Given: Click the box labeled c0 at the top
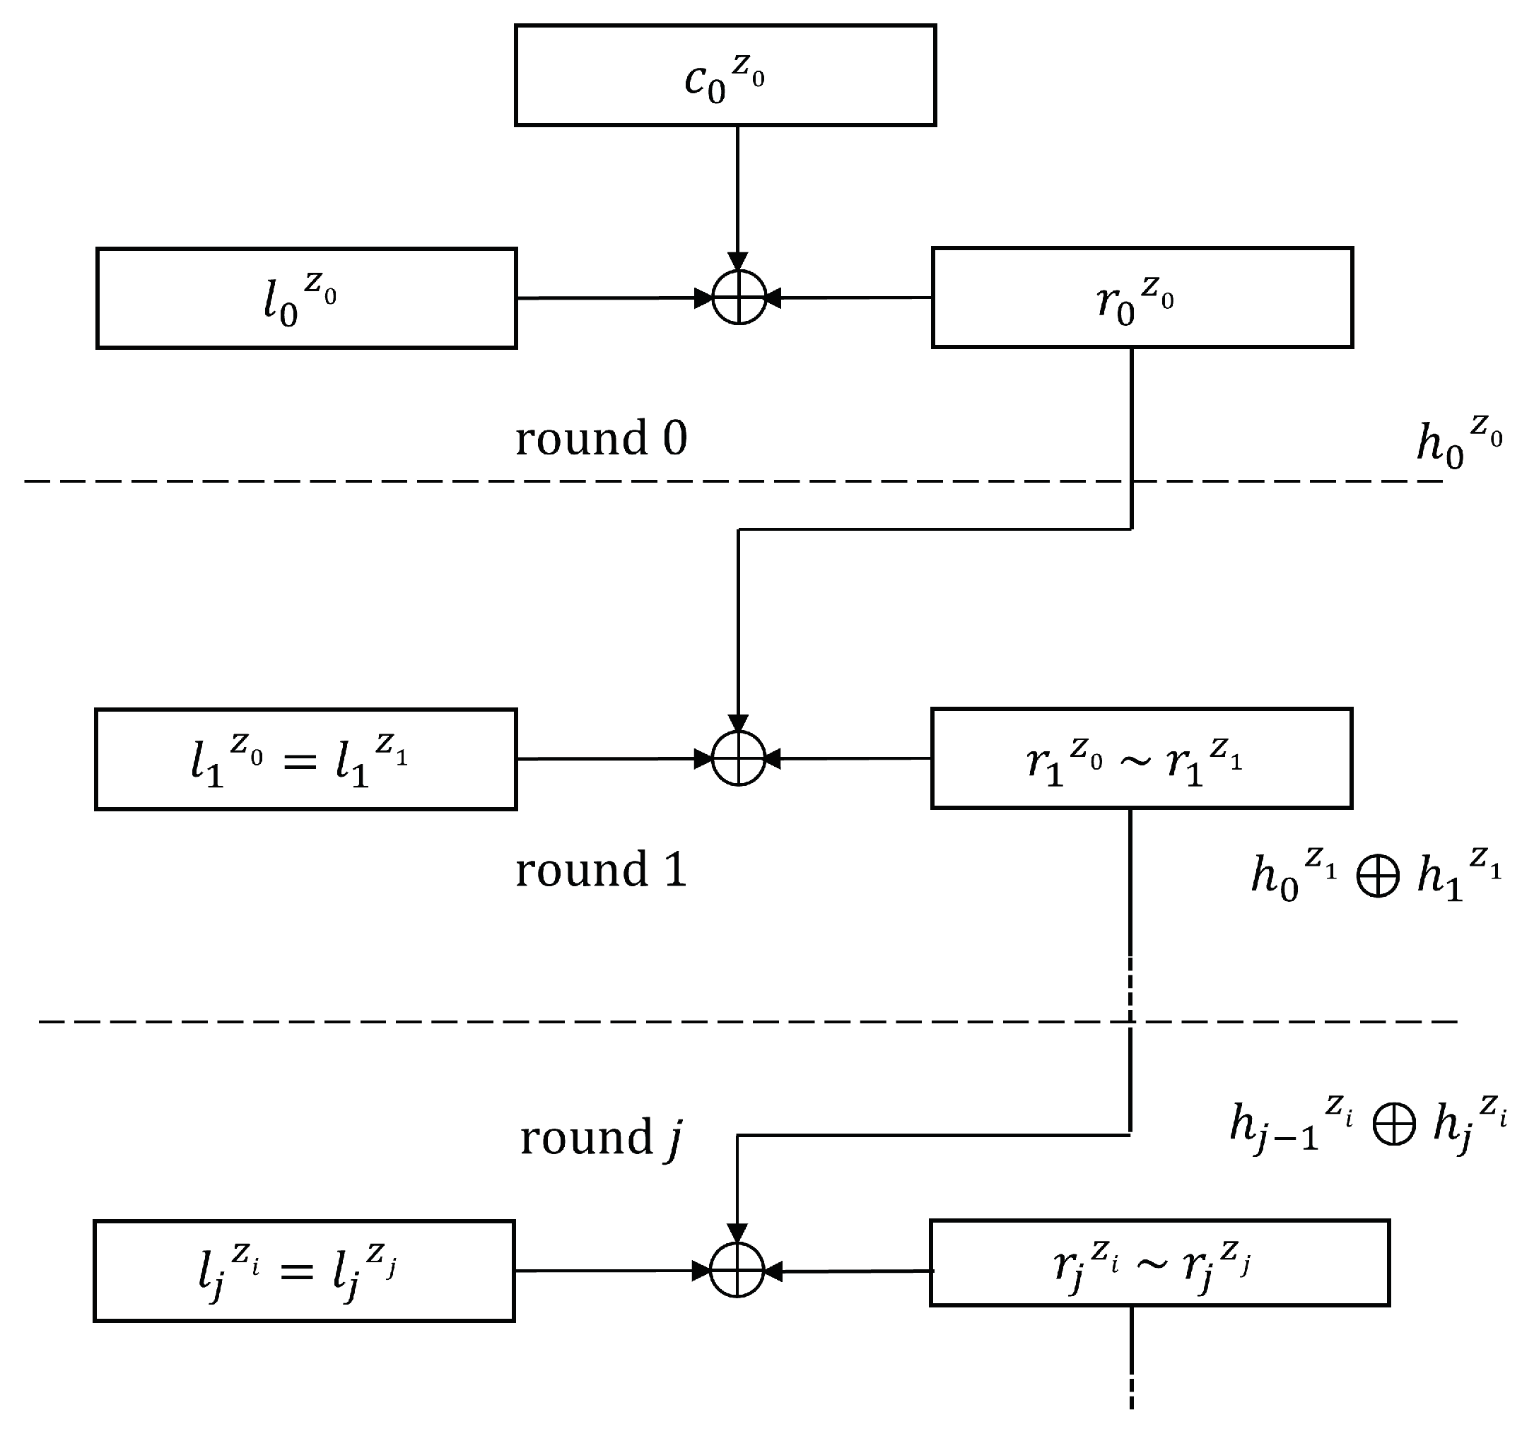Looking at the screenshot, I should [x=725, y=75].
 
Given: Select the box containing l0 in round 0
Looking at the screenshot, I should [x=306, y=298].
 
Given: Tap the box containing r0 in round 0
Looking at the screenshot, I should [x=1142, y=298].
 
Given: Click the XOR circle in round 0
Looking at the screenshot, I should [x=739, y=298].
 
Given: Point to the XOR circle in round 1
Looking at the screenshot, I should [x=739, y=758].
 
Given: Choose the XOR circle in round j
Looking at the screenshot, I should [x=737, y=1271].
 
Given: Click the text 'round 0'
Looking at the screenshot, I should [x=601, y=439].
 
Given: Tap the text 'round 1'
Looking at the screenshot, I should [x=601, y=870].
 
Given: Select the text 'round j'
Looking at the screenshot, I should [x=601, y=1138].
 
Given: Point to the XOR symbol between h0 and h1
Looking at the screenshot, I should [x=1378, y=875].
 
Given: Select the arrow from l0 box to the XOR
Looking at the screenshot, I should [x=612, y=298].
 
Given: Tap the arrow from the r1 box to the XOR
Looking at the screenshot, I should [x=850, y=758].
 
